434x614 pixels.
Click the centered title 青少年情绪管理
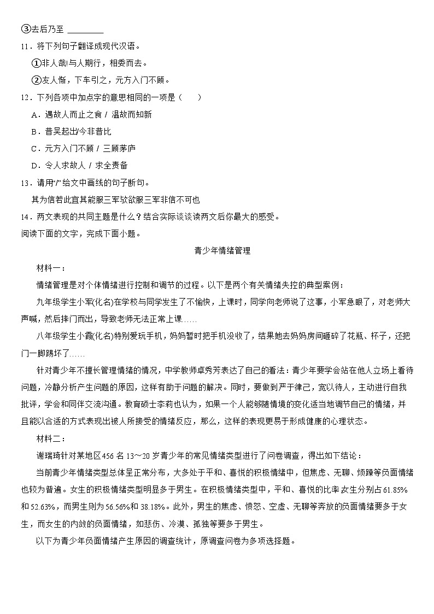coord(222,251)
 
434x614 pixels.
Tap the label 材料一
coord(49,268)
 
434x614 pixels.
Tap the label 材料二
coord(49,438)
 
